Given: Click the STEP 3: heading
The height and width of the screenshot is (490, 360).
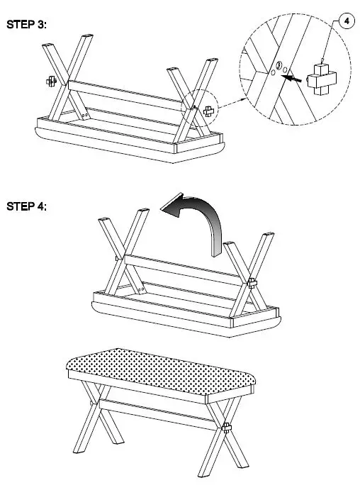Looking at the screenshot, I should [27, 25].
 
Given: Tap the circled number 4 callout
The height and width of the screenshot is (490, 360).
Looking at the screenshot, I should [346, 21].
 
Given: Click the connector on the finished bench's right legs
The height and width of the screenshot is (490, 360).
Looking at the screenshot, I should [227, 428].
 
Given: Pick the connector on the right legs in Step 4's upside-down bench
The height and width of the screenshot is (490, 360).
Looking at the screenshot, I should [252, 283].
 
